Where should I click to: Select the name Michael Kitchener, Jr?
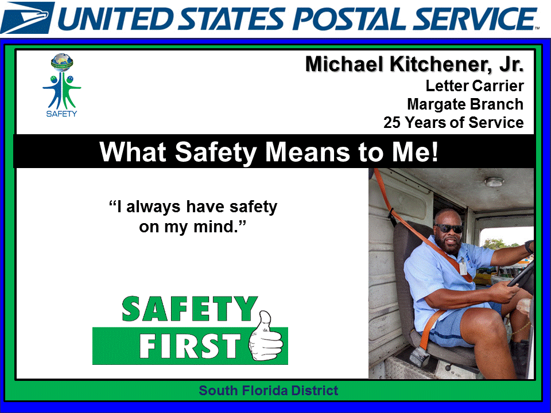(x=414, y=64)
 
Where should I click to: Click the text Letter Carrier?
(x=474, y=86)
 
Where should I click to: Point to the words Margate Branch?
(x=465, y=104)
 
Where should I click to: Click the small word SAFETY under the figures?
(x=61, y=113)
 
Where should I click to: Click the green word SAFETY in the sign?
(x=189, y=310)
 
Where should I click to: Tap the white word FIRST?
(x=189, y=346)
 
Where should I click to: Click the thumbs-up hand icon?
(x=267, y=338)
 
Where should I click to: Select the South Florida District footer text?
(x=269, y=391)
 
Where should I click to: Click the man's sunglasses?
(x=448, y=229)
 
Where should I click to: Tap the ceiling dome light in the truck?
(x=494, y=182)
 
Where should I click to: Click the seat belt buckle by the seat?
(x=420, y=356)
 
